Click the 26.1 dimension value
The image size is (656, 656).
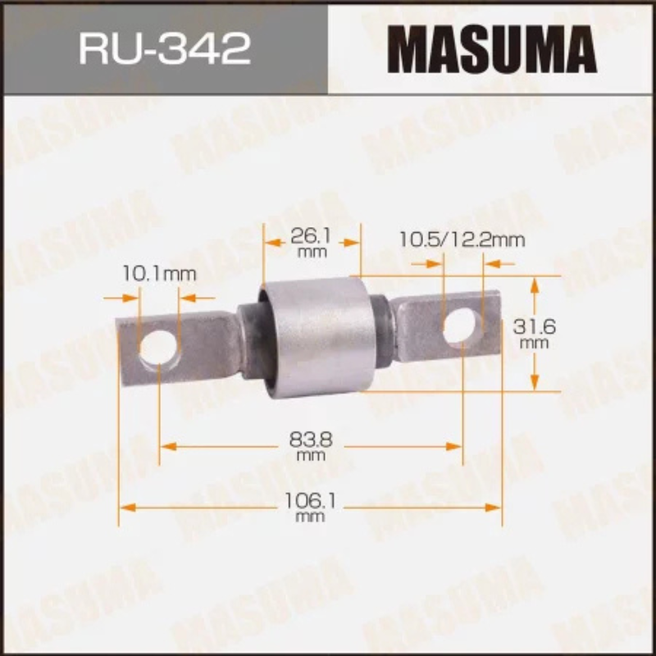[311, 236]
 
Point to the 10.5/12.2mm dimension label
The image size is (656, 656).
[462, 240]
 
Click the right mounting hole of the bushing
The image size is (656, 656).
[462, 325]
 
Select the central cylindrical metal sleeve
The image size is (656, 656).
[316, 336]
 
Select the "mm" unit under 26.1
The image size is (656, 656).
[311, 253]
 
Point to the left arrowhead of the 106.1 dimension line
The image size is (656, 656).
[125, 508]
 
